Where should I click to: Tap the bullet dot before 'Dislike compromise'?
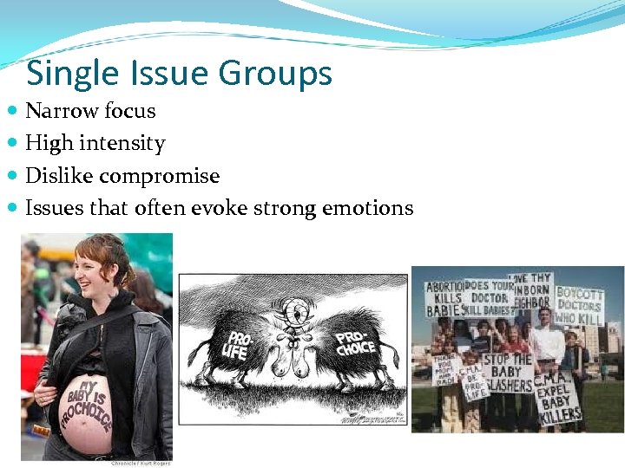pyautogui.click(x=15, y=176)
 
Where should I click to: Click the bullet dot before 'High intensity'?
pyautogui.click(x=15, y=143)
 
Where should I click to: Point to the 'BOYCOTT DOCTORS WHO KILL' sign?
pyautogui.click(x=580, y=305)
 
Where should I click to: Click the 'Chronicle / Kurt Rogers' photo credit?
pyautogui.click(x=140, y=464)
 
